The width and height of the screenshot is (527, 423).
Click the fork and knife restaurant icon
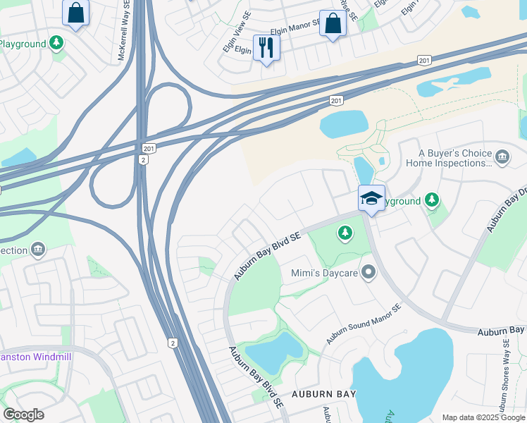pos(266,48)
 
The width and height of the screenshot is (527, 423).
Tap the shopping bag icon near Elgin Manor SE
pos(333,23)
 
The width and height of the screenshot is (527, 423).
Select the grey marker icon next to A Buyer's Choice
pos(502,156)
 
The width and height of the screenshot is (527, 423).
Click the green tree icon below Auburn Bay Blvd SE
pos(345,233)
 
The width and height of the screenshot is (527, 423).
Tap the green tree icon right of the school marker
pos(432,201)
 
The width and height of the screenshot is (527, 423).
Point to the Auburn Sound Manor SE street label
pos(363,324)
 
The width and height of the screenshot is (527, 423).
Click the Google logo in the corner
pos(23,415)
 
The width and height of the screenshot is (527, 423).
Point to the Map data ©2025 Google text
pos(483,417)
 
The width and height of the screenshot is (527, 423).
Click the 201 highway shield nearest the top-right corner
pos(423,61)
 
